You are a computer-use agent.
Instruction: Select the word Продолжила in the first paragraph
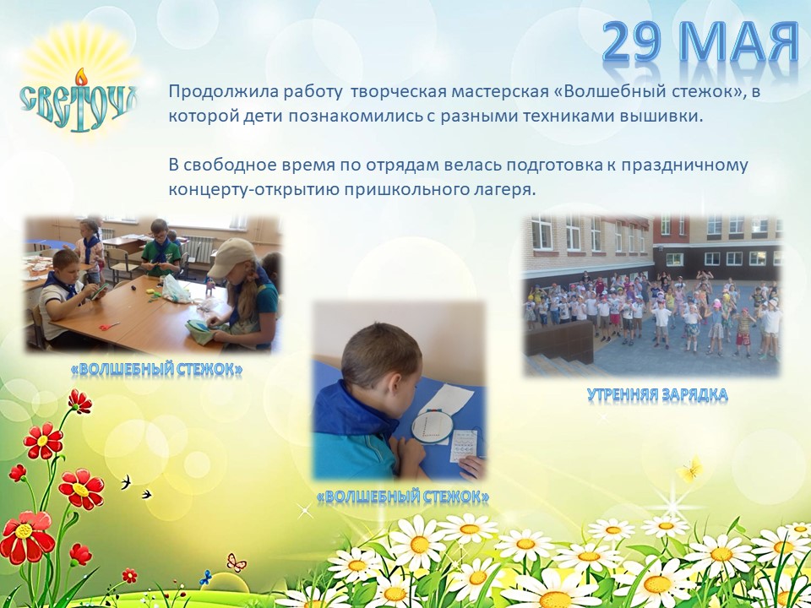(209, 91)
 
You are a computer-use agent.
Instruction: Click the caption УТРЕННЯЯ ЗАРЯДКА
(657, 394)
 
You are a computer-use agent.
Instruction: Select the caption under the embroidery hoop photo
(402, 497)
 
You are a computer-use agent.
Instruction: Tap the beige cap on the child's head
(230, 256)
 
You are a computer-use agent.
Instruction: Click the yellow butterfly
(690, 470)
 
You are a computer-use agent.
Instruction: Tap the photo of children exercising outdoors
(652, 296)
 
